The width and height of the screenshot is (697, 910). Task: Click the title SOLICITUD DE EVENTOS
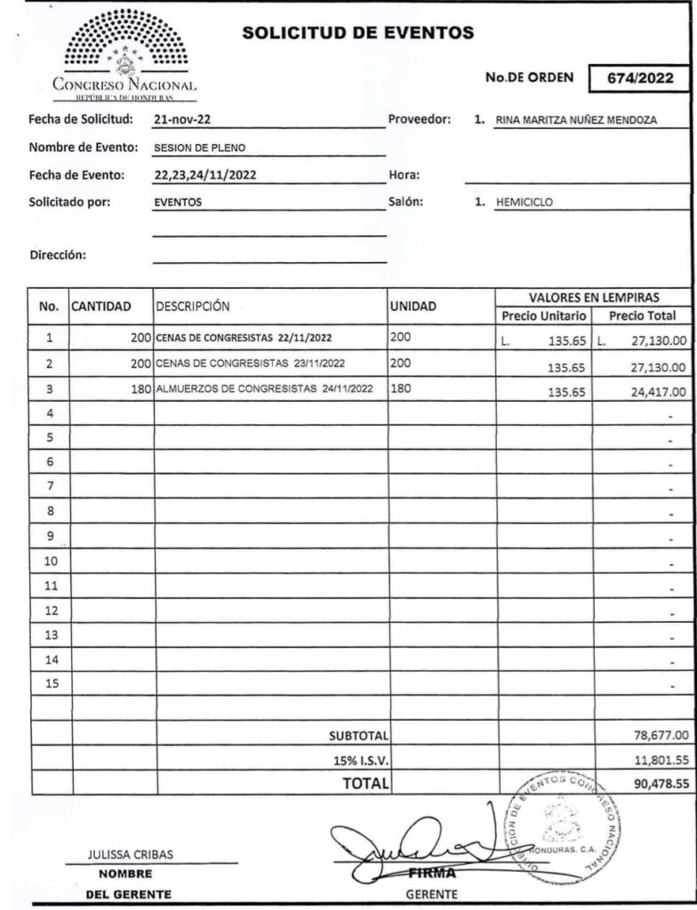coord(358,34)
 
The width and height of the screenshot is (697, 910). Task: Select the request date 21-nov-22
coord(181,119)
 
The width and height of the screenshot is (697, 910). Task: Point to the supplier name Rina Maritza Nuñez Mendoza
coord(576,122)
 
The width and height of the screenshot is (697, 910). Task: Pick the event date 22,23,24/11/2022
coord(205,175)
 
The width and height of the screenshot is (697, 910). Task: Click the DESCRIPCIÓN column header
coord(193,307)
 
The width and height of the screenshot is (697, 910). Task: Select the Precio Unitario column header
coord(544,315)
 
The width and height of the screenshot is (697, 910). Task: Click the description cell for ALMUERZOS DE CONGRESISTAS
coord(264,389)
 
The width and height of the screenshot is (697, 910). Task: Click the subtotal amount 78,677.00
coord(655,735)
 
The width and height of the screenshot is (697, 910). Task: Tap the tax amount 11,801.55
coord(655,760)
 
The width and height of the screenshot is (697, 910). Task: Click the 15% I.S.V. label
coord(359,760)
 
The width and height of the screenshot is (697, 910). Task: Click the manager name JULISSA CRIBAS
coord(131,855)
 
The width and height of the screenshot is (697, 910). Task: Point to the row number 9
coord(50,536)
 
